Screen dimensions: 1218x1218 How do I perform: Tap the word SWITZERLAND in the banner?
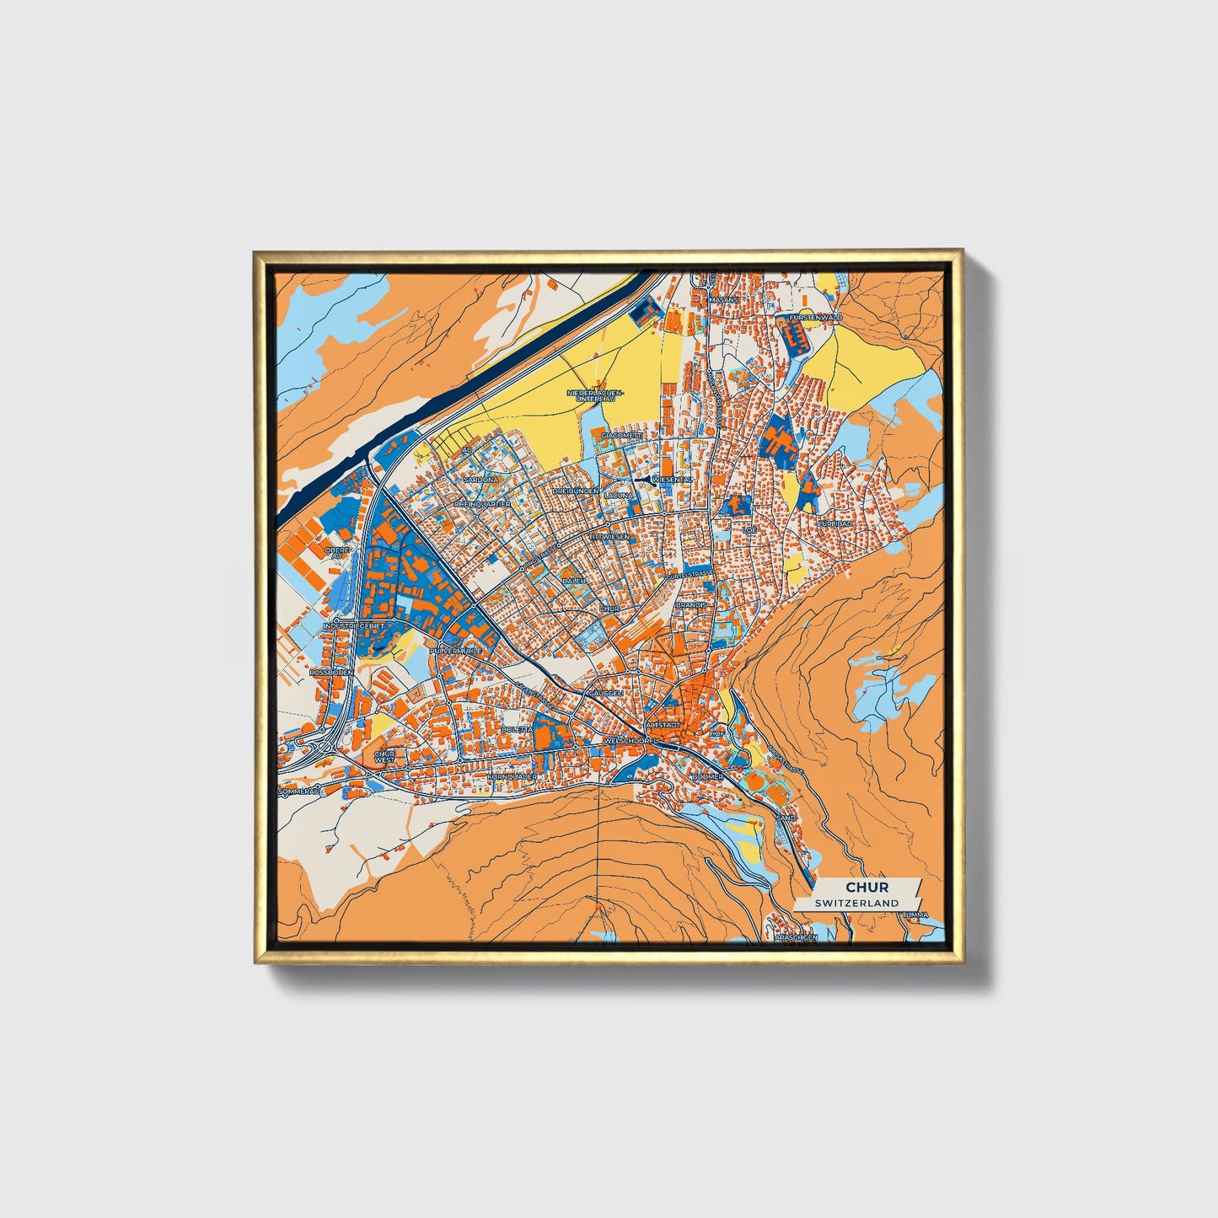(x=856, y=903)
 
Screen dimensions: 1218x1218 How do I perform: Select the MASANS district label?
(x=722, y=299)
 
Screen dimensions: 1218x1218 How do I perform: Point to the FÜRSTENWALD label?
(x=817, y=318)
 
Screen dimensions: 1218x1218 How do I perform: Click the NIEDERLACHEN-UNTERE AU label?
(x=596, y=395)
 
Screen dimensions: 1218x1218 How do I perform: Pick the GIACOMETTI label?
(x=623, y=435)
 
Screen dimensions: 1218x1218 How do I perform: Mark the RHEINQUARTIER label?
(x=482, y=504)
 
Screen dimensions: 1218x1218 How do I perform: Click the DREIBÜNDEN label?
(x=576, y=491)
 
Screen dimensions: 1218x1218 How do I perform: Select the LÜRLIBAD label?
(x=835, y=523)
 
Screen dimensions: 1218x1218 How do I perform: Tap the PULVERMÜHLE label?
(x=455, y=652)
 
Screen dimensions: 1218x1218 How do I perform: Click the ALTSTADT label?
(x=662, y=725)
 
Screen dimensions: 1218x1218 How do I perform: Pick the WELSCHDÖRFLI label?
(x=630, y=741)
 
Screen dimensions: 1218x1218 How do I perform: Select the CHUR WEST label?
(x=384, y=757)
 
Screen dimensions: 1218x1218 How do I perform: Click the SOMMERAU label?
(x=300, y=791)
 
